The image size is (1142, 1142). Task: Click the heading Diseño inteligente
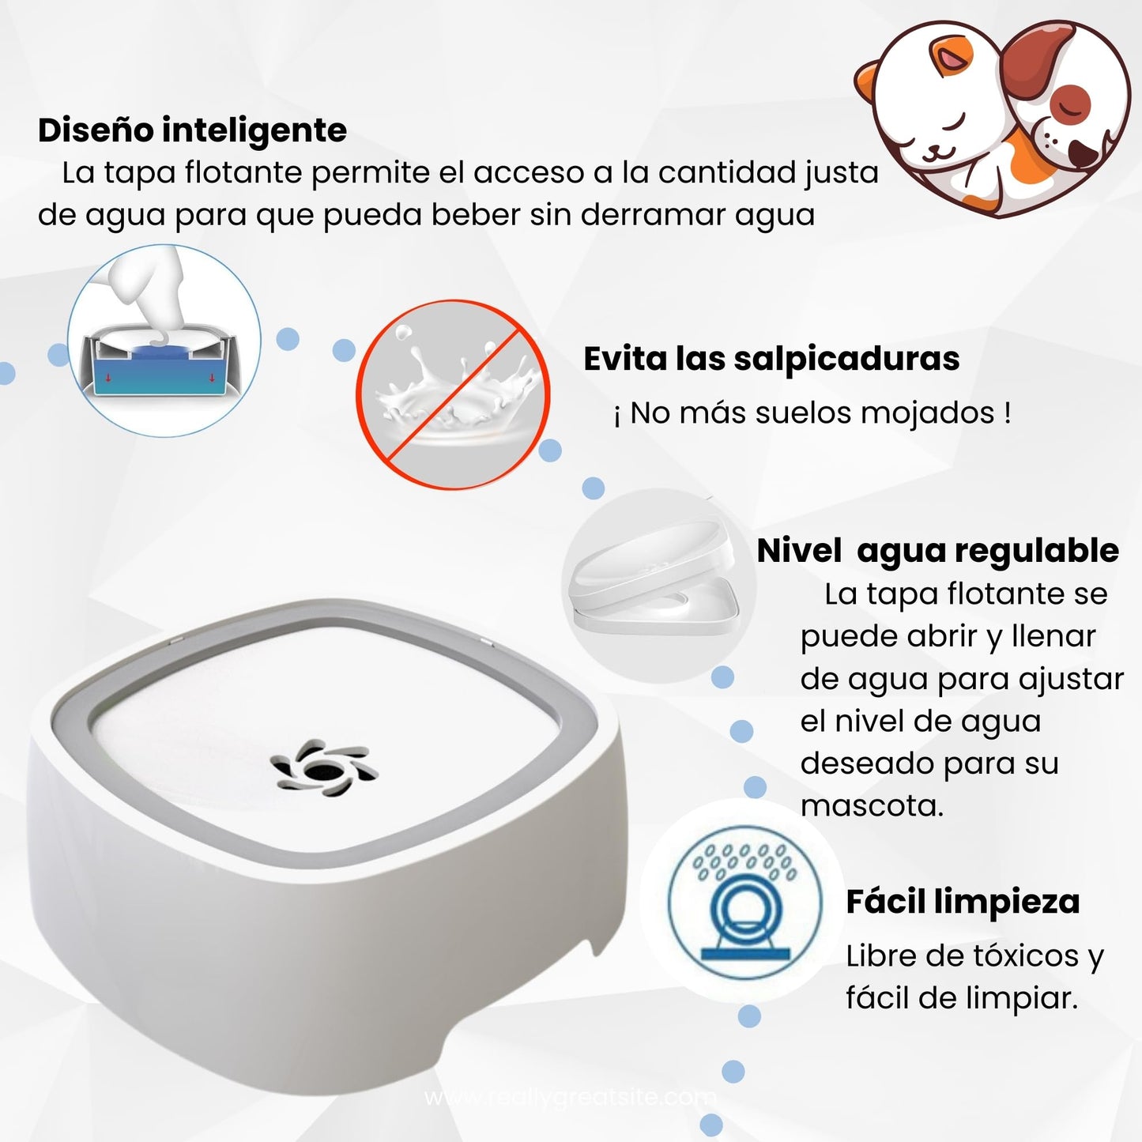(192, 131)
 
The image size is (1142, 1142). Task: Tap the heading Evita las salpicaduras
(771, 360)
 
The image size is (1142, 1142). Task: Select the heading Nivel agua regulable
(937, 552)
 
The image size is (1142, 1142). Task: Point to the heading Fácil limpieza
(962, 902)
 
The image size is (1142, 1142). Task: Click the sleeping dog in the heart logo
(1063, 126)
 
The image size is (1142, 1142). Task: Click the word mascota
(872, 807)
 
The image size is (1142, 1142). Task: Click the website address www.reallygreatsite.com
(570, 1098)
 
